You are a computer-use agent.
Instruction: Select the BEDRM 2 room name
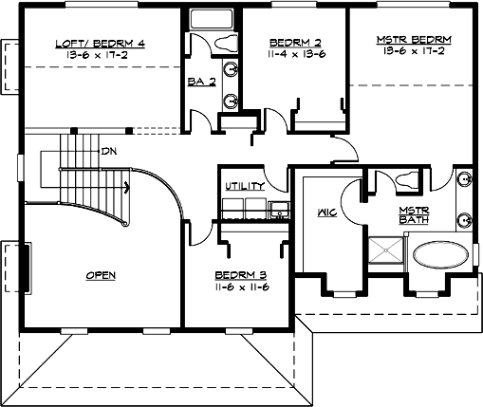pyautogui.click(x=294, y=43)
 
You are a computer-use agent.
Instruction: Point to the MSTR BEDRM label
pyautogui.click(x=414, y=38)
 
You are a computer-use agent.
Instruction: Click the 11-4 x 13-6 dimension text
pyautogui.click(x=294, y=54)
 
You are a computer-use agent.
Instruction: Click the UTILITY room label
pyautogui.click(x=243, y=186)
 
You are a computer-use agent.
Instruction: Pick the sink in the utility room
pyautogui.click(x=278, y=210)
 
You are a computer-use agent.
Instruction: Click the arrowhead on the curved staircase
pyautogui.click(x=125, y=186)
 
